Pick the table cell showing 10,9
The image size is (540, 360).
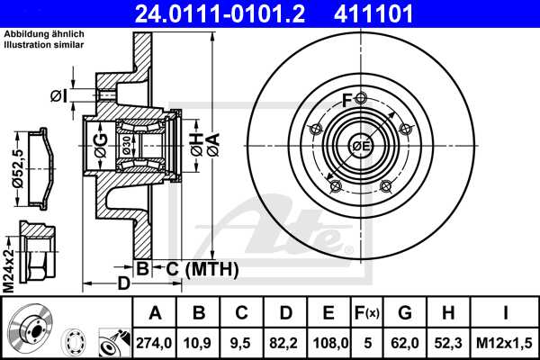198,342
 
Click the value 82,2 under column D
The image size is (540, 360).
285,342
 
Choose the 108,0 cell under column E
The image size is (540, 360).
329,342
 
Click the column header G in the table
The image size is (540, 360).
405,314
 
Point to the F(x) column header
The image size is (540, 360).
365,314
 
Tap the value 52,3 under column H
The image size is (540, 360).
449,342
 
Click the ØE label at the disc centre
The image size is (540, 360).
360,147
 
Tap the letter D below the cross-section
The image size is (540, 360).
123,283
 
